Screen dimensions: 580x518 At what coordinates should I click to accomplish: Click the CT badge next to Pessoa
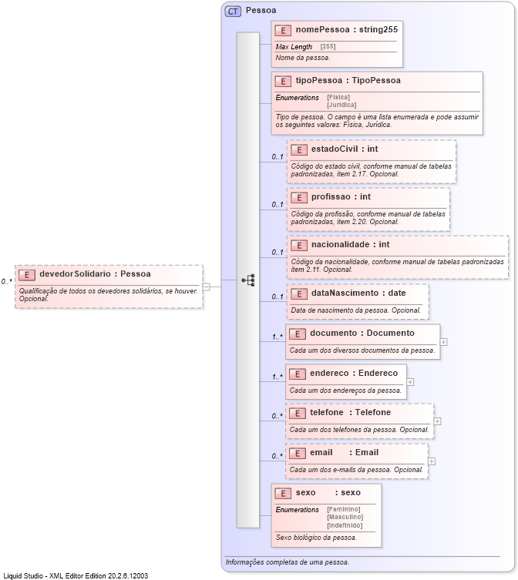(x=233, y=12)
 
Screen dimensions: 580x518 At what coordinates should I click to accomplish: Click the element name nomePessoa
(x=317, y=30)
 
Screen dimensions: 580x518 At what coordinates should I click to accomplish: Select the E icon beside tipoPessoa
(x=283, y=81)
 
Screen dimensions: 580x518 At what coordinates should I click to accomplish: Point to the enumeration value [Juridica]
(x=341, y=105)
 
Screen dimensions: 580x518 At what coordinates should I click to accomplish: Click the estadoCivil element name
(x=334, y=149)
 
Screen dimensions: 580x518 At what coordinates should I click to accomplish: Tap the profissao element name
(x=330, y=196)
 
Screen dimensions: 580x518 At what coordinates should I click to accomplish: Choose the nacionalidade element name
(x=340, y=244)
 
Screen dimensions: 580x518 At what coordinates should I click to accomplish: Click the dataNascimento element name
(x=347, y=293)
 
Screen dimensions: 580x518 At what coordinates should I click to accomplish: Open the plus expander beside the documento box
(x=444, y=341)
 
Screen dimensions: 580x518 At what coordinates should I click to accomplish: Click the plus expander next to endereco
(x=410, y=381)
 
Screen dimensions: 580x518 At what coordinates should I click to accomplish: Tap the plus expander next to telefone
(x=438, y=421)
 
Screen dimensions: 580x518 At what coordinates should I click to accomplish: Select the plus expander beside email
(x=432, y=461)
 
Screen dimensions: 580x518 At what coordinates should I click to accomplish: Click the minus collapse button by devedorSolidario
(x=207, y=287)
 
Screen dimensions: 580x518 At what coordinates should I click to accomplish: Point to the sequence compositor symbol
(x=248, y=280)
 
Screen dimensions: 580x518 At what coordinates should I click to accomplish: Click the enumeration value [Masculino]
(x=344, y=517)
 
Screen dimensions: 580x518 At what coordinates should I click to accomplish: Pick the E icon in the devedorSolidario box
(x=27, y=274)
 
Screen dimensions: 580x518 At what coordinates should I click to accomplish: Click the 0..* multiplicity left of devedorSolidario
(x=6, y=282)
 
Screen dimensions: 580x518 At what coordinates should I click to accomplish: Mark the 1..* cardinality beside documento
(x=277, y=337)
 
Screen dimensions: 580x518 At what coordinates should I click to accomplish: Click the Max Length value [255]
(x=328, y=47)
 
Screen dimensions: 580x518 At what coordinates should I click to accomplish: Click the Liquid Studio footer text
(x=76, y=575)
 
